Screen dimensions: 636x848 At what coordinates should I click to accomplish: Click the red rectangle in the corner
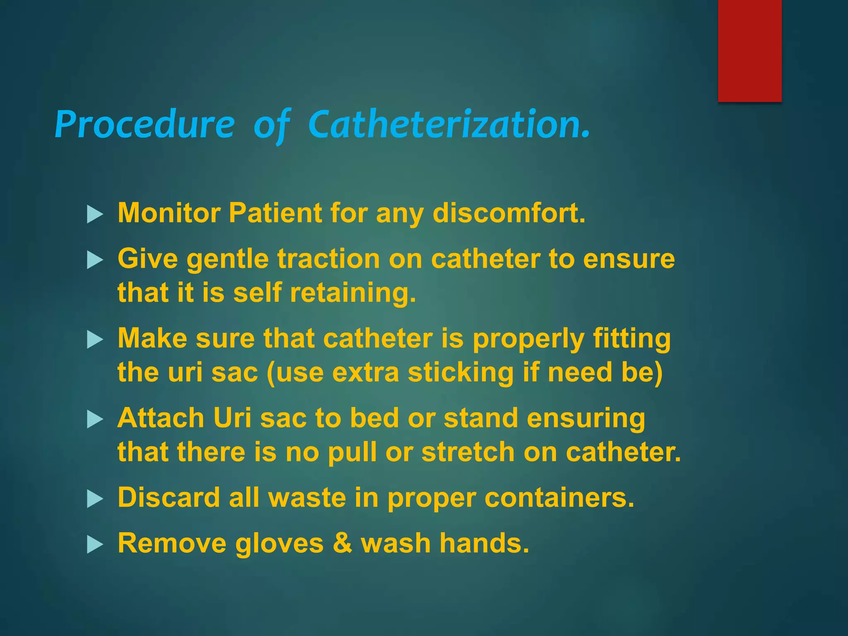tap(749, 51)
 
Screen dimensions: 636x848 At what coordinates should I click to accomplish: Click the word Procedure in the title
tap(145, 124)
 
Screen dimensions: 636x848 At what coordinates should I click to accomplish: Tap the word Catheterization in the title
tap(449, 124)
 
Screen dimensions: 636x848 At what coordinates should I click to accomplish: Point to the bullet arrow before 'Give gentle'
tap(95, 261)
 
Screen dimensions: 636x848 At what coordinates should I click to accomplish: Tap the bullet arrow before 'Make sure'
tap(95, 340)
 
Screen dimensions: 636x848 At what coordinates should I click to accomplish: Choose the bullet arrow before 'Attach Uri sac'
tap(95, 420)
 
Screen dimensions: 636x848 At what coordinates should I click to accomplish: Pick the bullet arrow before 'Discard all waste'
tap(95, 499)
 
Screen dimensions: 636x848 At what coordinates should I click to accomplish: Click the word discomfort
tap(509, 213)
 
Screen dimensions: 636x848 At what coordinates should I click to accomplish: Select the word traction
tap(328, 259)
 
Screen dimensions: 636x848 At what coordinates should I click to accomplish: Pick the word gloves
tap(279, 544)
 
